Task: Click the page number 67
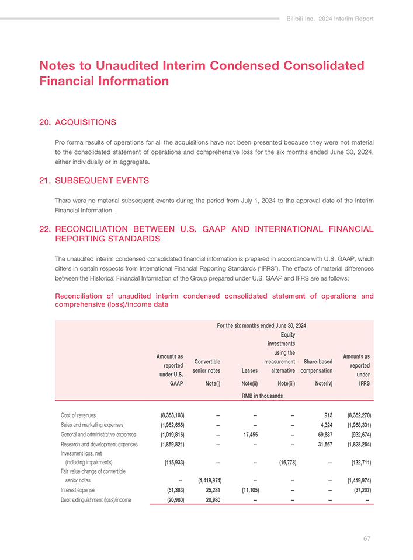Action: click(366, 538)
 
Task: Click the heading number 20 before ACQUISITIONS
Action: click(44, 123)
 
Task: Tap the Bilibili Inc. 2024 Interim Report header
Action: click(330, 19)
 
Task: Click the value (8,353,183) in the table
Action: click(173, 415)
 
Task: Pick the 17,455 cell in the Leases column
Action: click(248, 434)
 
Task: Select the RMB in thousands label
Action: click(262, 396)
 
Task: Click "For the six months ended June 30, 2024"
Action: click(262, 325)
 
